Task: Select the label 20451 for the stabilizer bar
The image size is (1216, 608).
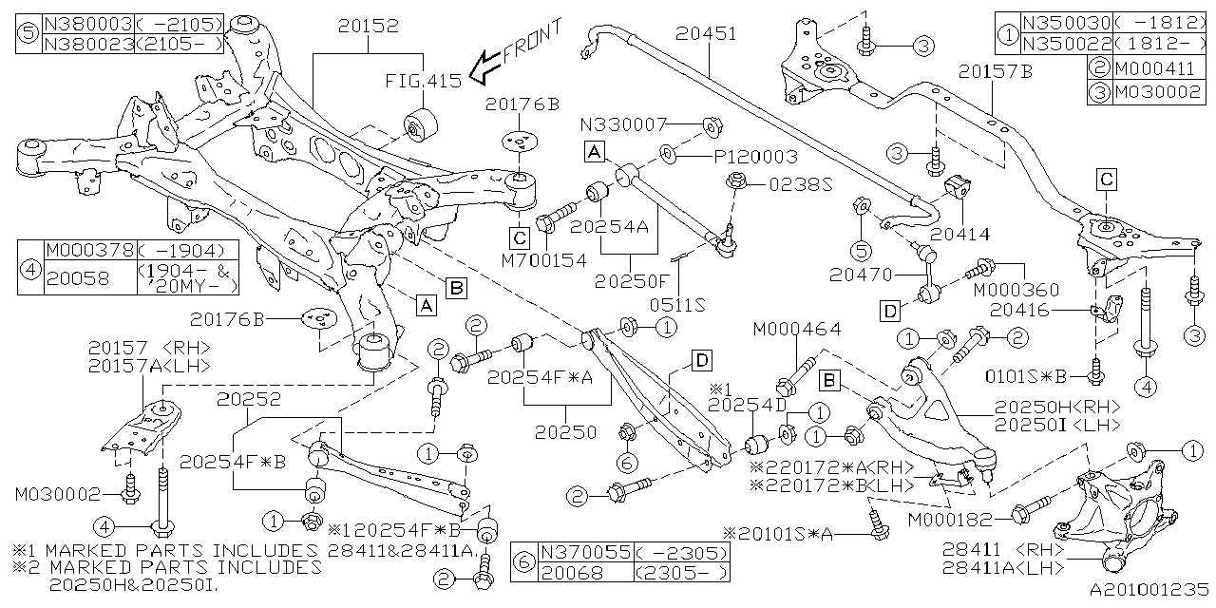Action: (707, 33)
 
